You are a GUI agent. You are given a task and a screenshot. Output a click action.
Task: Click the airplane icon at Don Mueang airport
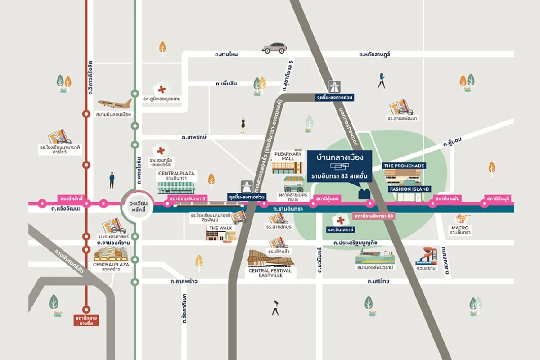(114, 103)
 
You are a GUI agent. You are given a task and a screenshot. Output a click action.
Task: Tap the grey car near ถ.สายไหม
(274, 48)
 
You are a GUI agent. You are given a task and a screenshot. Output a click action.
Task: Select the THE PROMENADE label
(404, 166)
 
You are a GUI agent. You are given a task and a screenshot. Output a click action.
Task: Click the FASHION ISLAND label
(409, 189)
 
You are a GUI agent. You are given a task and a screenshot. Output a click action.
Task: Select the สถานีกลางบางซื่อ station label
(86, 320)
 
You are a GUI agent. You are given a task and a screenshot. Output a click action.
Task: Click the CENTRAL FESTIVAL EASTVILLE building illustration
(270, 259)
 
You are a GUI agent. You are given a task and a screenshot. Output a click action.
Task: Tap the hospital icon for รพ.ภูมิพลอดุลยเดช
(161, 90)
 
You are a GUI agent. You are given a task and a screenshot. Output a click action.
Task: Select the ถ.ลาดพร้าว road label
(184, 281)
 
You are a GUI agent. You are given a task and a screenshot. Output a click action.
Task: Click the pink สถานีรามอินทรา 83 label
(374, 216)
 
